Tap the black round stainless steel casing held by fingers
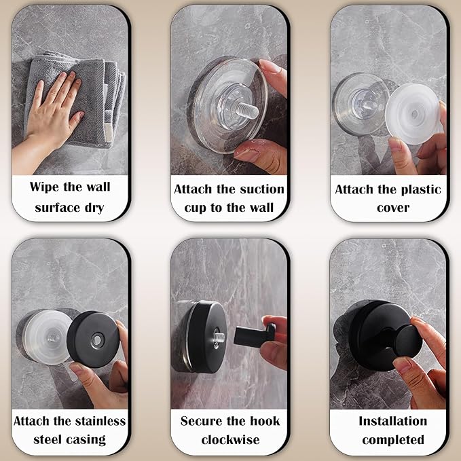(94, 339)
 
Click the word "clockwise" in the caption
(230, 439)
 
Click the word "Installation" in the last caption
(393, 421)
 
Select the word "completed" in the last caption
(393, 439)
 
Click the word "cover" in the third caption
(393, 207)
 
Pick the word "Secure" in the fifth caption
(202, 421)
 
